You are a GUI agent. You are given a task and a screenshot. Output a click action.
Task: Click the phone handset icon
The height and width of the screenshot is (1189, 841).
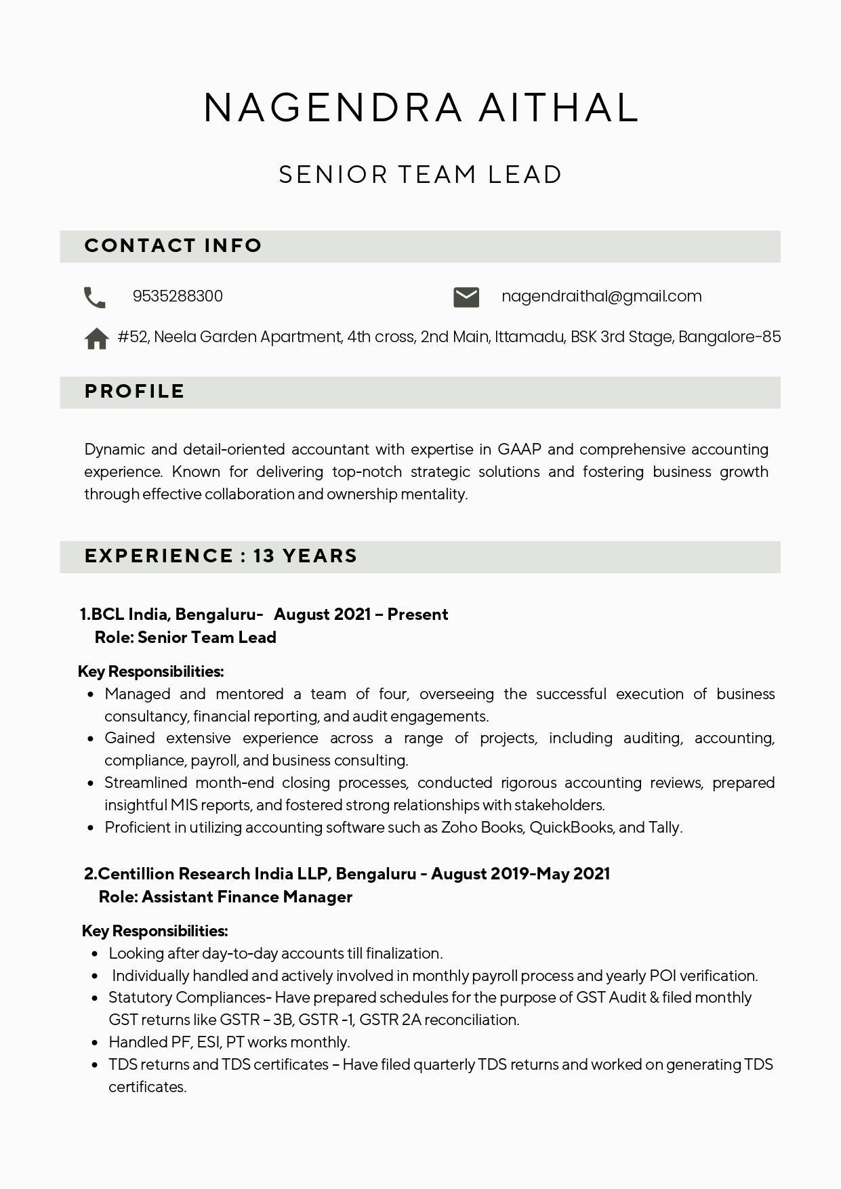tap(95, 297)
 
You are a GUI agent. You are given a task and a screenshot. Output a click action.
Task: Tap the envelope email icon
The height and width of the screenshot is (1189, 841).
tap(466, 297)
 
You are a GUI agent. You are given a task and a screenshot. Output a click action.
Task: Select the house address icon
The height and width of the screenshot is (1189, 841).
tap(96, 338)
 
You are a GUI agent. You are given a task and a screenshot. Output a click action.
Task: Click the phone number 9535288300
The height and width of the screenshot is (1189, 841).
tap(178, 297)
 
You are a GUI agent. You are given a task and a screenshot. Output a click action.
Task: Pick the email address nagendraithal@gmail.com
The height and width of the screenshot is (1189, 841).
tap(601, 297)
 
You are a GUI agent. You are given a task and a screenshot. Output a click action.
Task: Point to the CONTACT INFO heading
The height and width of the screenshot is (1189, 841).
tap(173, 245)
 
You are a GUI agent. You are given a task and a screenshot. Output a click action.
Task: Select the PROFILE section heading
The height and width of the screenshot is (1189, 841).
tap(134, 392)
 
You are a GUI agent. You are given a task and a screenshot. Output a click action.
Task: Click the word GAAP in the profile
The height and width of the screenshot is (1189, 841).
tap(519, 450)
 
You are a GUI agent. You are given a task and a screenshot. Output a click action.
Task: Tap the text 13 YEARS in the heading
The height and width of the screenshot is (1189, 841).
tap(305, 556)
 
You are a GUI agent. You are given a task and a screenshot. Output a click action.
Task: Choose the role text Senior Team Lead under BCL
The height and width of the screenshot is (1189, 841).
tap(207, 638)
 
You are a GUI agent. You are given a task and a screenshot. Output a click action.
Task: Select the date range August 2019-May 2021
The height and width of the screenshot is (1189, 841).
tap(520, 874)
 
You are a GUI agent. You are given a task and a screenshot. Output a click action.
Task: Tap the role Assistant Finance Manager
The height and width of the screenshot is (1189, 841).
tap(247, 897)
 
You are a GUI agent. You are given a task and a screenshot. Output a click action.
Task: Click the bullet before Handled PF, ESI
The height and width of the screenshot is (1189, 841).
tap(95, 1043)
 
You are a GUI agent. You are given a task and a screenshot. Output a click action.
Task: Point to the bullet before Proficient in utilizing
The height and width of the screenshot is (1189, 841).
tap(91, 828)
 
